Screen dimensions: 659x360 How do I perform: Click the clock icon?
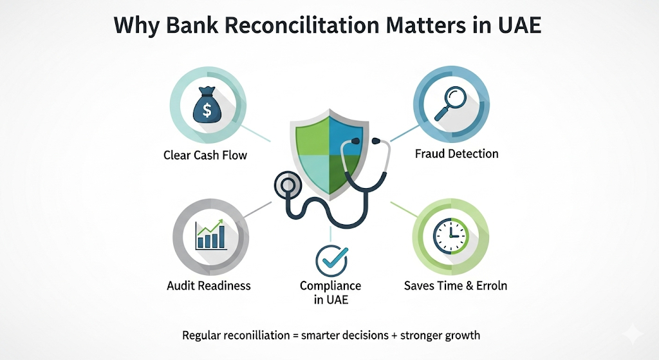450,236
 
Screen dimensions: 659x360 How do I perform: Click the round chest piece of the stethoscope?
288,185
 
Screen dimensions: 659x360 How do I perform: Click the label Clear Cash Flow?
205,155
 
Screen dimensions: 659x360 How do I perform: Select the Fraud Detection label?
456,153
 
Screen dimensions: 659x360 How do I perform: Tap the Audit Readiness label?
209,285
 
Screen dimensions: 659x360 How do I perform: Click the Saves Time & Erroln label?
456,285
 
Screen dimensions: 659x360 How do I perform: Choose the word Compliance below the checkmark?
330,286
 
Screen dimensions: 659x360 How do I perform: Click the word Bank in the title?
192,25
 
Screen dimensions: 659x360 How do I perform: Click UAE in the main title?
519,25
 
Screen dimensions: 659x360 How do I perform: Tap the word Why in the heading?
136,26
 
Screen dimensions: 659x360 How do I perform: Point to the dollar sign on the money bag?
207,109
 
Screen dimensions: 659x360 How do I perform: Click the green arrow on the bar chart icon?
210,226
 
